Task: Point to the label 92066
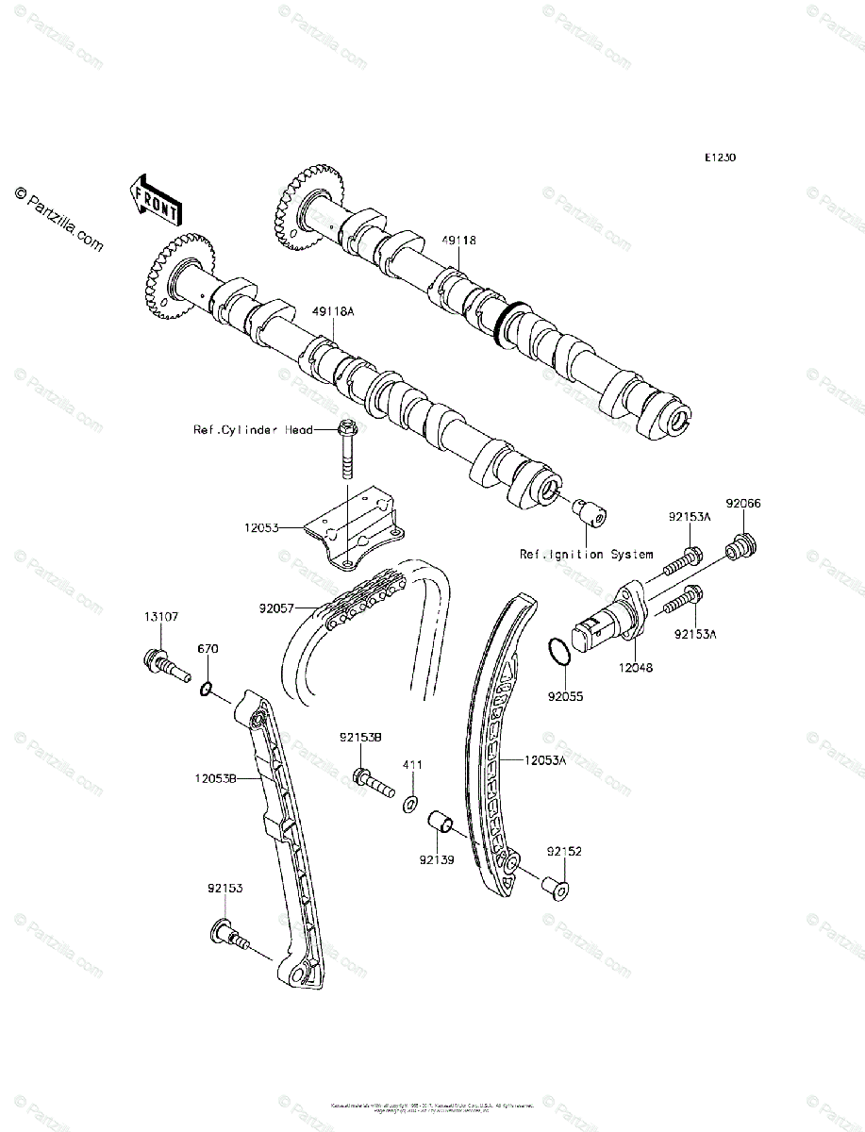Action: (x=742, y=504)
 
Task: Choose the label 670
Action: (x=208, y=649)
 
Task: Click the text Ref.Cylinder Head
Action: (x=253, y=430)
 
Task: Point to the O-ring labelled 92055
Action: (x=558, y=651)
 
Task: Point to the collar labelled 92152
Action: (x=554, y=887)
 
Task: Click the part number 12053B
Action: (x=215, y=779)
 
